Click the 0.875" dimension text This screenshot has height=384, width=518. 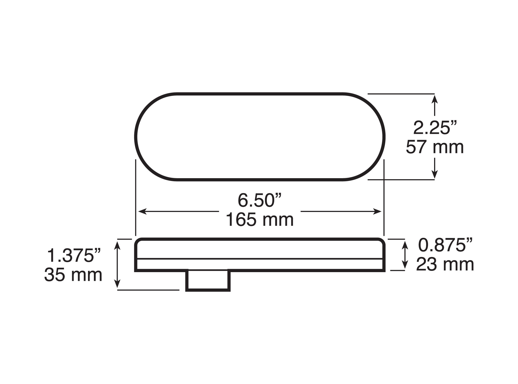(x=445, y=245)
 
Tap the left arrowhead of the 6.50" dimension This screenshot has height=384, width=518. (x=142, y=211)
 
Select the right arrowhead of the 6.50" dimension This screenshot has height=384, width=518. (x=378, y=211)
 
